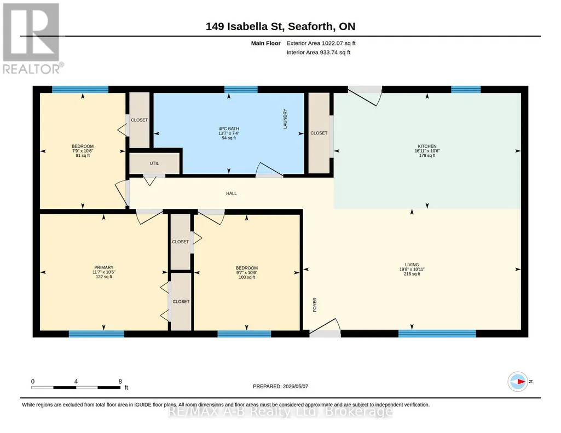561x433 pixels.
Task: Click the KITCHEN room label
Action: coord(427,146)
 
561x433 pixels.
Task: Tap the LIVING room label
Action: coord(412,265)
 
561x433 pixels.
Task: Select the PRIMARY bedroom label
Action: coord(104,267)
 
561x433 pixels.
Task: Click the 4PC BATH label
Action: coord(229,128)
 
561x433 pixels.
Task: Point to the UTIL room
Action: coord(154,163)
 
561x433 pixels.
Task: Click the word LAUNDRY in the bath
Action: coord(285,119)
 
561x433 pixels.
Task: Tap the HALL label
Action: coord(232,194)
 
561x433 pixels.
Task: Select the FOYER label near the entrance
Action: coord(315,305)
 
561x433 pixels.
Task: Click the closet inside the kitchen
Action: coord(319,133)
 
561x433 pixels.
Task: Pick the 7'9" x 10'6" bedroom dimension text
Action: coord(83,151)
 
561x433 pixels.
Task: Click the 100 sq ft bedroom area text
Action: coord(247,277)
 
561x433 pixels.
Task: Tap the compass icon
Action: coord(518,382)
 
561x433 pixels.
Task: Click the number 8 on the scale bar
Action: coord(120,381)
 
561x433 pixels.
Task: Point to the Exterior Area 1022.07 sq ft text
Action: coord(321,43)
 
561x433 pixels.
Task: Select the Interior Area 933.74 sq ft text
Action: coord(319,52)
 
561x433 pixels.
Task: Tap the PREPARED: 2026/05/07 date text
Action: coord(280,386)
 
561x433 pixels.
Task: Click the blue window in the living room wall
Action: coord(437,333)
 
